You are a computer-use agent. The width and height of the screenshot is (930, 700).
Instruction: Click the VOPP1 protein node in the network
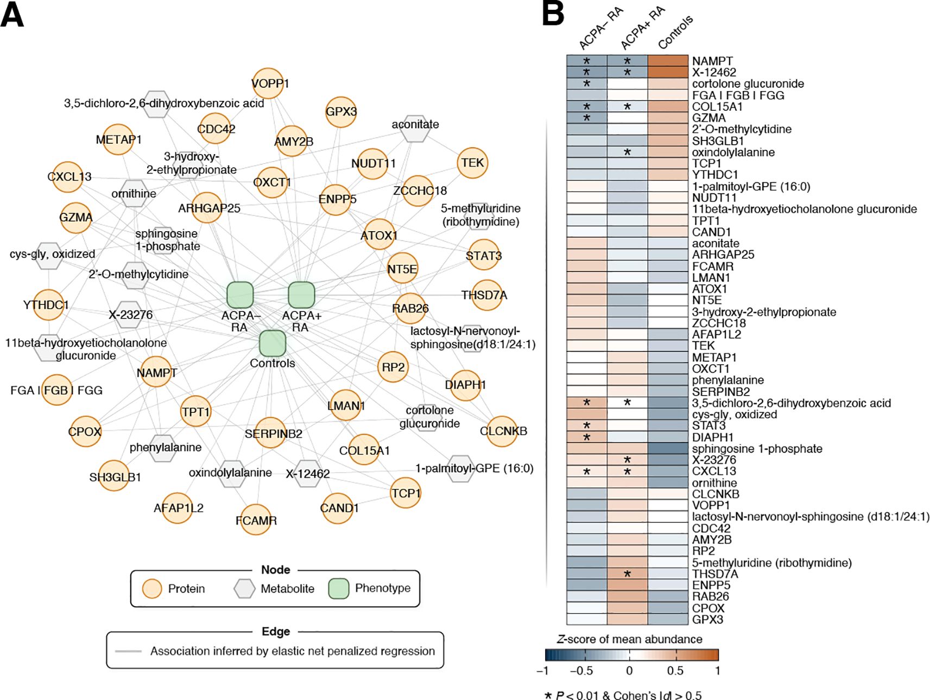point(268,84)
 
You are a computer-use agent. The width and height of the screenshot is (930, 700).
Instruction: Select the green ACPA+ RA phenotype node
point(301,295)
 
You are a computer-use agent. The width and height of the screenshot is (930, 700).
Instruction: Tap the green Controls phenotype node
point(273,343)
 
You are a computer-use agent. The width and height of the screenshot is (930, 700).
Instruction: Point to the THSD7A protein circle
point(486,295)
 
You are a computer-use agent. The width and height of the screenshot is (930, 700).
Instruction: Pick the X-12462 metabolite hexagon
point(307,474)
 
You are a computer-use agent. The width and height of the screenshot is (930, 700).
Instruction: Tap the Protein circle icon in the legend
point(152,589)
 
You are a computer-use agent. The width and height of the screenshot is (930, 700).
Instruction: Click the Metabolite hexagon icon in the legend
point(244,589)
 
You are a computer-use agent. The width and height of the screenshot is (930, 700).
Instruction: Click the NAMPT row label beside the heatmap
point(712,61)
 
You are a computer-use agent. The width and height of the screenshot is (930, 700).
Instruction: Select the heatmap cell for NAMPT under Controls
point(668,61)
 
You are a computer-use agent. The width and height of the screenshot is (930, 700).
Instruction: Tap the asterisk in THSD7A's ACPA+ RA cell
point(627,574)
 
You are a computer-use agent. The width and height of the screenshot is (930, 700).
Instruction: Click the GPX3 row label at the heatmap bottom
point(707,620)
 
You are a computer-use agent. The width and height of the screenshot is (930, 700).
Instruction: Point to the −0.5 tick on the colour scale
point(581,671)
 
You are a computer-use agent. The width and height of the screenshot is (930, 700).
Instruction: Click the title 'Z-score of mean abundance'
point(630,639)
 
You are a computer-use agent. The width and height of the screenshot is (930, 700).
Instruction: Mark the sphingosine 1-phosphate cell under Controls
point(668,449)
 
